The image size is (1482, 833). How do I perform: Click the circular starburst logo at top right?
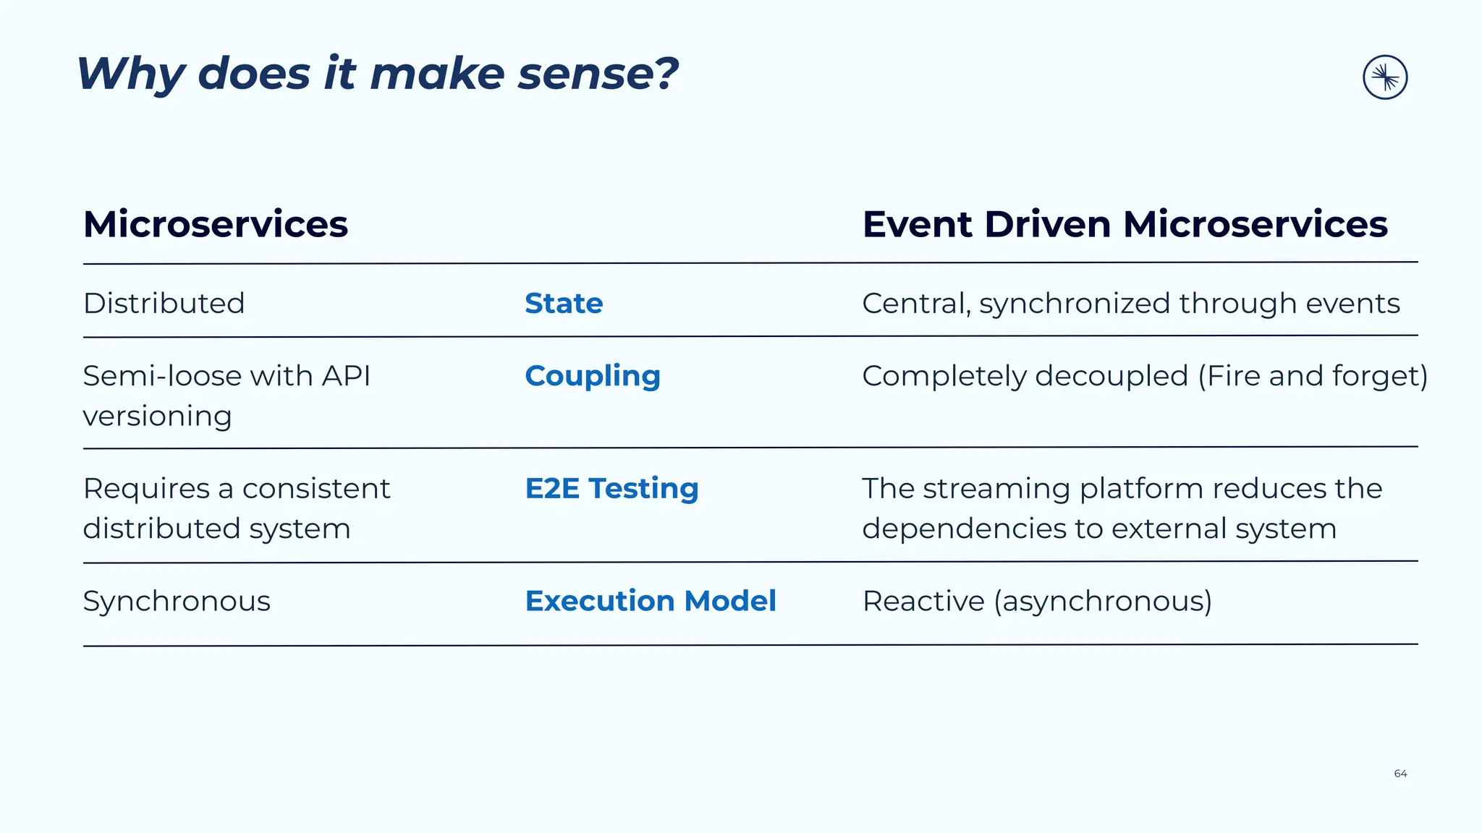click(x=1384, y=77)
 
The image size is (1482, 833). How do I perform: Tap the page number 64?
click(x=1400, y=774)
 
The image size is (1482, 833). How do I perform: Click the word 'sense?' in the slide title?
click(x=598, y=74)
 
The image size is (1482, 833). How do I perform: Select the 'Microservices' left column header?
click(x=216, y=224)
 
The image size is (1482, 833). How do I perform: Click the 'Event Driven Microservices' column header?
click(x=1125, y=224)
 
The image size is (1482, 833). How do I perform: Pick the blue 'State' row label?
click(x=564, y=303)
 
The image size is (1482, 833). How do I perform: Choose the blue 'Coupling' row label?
click(x=593, y=376)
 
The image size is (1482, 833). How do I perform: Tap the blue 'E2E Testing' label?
click(x=611, y=488)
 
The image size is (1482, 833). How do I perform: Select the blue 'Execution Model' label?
click(x=651, y=601)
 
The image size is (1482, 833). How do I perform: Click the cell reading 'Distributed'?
click(x=164, y=303)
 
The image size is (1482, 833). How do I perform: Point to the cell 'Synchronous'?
click(x=177, y=601)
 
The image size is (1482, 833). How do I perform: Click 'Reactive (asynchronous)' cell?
click(x=1037, y=601)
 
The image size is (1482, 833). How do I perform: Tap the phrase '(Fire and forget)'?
click(x=1313, y=376)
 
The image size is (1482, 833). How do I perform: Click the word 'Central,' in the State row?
click(x=916, y=304)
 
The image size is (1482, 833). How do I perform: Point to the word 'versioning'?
click(x=157, y=416)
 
